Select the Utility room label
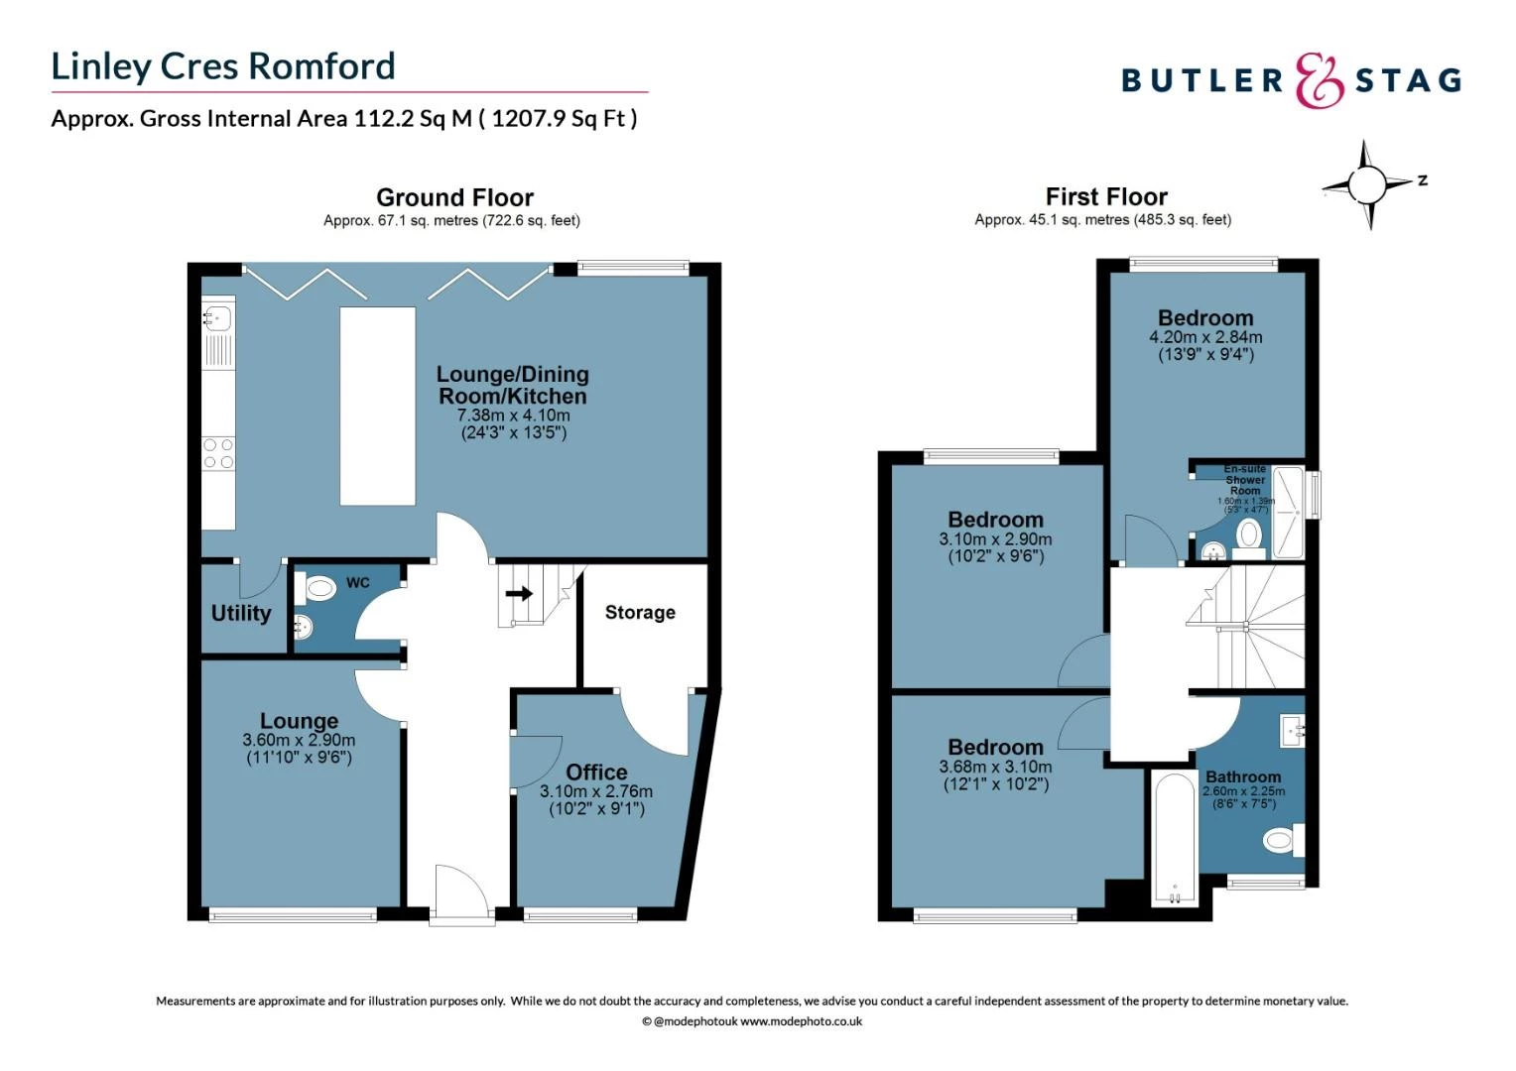[x=241, y=613]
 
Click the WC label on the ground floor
[x=357, y=582]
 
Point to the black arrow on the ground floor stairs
[x=519, y=594]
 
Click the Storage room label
[x=640, y=613]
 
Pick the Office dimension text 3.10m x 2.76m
[x=596, y=791]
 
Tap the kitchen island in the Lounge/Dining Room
[x=377, y=406]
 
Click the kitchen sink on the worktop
[x=217, y=318]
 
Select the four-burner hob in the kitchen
[x=218, y=454]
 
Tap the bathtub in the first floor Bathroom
[x=1174, y=839]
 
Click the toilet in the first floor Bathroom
[x=1282, y=842]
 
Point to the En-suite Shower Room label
[x=1244, y=480]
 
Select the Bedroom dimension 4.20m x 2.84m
[x=1205, y=337]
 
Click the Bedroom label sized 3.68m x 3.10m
[x=995, y=748]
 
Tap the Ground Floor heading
[x=454, y=197]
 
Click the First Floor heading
[x=1106, y=196]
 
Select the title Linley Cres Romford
[x=223, y=66]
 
